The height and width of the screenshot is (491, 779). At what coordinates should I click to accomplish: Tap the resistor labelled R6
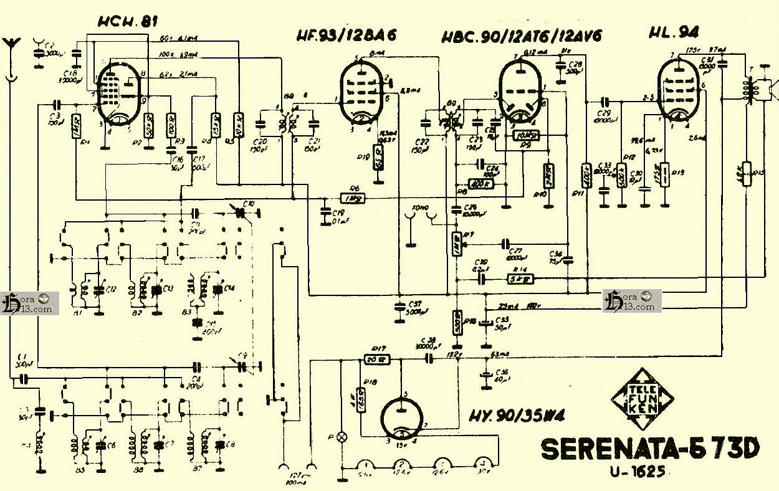(353, 198)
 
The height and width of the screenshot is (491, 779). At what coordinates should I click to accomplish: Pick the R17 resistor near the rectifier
(376, 359)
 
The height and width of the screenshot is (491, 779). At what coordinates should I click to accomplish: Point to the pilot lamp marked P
(341, 437)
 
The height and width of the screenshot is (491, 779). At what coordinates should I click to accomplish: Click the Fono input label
(421, 208)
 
